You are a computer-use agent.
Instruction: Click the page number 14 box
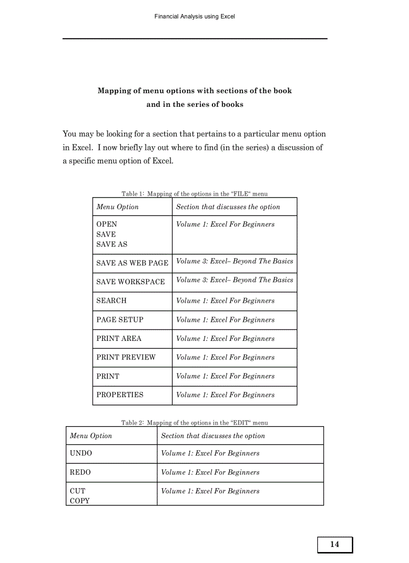(334, 544)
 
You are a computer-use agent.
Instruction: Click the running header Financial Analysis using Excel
(194, 16)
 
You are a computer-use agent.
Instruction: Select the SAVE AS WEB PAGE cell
(132, 263)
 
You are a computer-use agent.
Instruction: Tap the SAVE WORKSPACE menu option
(130, 282)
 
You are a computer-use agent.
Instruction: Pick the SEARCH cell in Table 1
(111, 301)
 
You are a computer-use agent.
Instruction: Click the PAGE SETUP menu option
(120, 320)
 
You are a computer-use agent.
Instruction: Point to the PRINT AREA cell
(119, 338)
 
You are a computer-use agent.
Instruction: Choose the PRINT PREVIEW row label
(126, 357)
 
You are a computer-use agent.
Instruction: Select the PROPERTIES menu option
(120, 395)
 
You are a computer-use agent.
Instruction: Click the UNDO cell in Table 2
(81, 453)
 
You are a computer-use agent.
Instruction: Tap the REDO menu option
(80, 472)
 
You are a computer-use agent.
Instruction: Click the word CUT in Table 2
(77, 491)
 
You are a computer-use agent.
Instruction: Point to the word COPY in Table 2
(80, 501)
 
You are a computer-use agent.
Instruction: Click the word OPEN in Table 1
(107, 225)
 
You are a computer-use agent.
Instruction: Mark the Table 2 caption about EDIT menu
(194, 423)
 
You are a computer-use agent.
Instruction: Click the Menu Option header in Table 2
(91, 436)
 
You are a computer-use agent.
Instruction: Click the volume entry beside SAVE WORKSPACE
(235, 280)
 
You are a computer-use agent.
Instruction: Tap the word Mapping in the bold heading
(116, 91)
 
